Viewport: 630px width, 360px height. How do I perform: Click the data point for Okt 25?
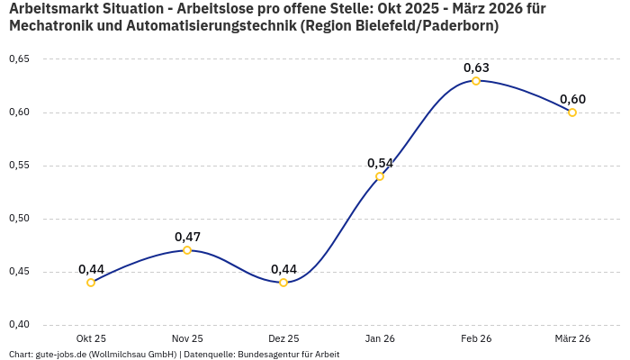coord(91,283)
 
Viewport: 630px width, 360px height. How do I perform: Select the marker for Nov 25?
coord(187,250)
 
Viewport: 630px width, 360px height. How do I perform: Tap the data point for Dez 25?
coord(283,283)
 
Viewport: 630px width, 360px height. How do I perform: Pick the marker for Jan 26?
coord(380,176)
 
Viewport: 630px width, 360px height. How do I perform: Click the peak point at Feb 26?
coord(476,81)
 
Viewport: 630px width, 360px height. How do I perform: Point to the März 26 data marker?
coord(572,112)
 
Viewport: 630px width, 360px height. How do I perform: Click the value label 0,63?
coord(476,67)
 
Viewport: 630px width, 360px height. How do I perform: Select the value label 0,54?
coord(380,163)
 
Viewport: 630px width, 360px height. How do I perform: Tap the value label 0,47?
coord(187,237)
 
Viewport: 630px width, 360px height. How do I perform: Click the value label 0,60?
coord(572,99)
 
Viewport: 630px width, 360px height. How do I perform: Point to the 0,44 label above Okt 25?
coord(91,269)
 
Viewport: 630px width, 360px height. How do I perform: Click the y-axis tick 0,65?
coord(19,59)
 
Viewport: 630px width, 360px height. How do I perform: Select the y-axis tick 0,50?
coord(19,219)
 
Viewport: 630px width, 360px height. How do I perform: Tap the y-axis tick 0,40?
coord(19,325)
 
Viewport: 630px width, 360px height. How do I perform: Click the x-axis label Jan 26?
coord(380,338)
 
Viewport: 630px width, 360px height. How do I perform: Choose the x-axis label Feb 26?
coord(476,338)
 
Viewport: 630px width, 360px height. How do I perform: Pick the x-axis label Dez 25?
coord(283,338)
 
